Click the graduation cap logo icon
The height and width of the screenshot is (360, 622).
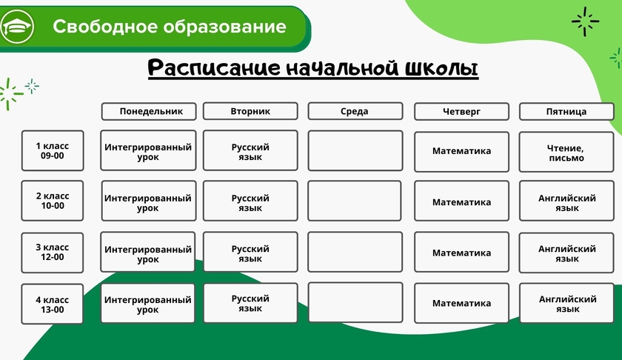click(17, 27)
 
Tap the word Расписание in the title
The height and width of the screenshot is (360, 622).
click(214, 68)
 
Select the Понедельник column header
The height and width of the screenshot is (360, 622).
click(149, 111)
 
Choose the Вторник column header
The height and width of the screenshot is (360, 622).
click(250, 111)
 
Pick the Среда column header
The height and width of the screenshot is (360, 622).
click(355, 111)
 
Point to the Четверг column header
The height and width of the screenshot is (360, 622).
click(461, 112)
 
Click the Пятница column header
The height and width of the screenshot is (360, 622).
click(566, 112)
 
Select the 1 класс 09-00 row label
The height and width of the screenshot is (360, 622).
click(53, 151)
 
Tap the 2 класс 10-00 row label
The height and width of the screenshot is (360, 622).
click(53, 201)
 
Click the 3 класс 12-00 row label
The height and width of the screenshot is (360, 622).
click(53, 253)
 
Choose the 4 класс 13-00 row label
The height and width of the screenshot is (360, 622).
click(53, 304)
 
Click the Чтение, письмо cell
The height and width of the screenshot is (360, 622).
click(566, 152)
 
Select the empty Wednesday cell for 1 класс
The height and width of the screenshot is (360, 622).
click(355, 151)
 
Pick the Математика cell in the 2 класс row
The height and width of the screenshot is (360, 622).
click(461, 201)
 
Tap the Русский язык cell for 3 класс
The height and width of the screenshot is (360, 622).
click(250, 252)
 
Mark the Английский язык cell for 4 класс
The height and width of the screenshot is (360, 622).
click(567, 303)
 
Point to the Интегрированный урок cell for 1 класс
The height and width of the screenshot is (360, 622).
click(148, 150)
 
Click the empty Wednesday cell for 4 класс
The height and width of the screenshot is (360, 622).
click(355, 302)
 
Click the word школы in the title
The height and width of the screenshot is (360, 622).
click(441, 68)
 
